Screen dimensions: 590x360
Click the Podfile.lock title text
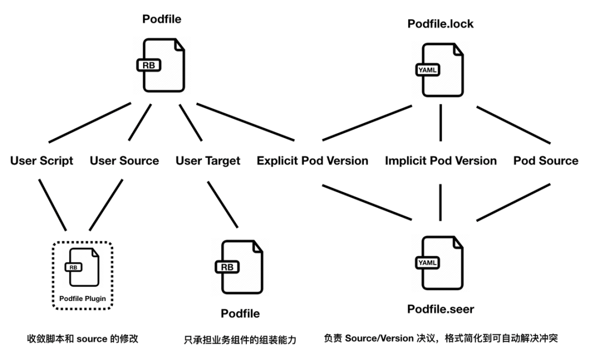point(440,24)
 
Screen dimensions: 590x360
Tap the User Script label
point(42,161)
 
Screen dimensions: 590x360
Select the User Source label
point(124,161)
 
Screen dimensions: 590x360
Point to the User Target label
point(208,161)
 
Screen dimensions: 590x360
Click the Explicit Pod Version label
point(312,161)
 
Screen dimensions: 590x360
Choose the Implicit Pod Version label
point(441,161)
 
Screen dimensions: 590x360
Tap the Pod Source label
point(546,161)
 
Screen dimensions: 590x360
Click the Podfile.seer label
point(441,309)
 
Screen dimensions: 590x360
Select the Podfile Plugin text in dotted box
point(82,299)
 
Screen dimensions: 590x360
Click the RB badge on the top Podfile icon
point(149,66)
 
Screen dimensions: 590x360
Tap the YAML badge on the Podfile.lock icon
point(427,70)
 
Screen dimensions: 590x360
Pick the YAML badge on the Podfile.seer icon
point(427,263)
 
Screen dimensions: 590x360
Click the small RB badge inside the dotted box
point(73,268)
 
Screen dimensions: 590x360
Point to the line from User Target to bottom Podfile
point(223,205)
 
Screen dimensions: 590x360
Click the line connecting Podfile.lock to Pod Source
point(514,125)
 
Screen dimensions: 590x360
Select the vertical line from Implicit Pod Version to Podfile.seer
point(440,202)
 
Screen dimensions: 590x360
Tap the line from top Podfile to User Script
point(90,122)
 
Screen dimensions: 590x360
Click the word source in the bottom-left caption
point(92,339)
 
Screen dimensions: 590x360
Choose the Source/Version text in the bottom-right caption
point(379,338)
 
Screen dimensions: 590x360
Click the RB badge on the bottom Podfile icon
point(227,267)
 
